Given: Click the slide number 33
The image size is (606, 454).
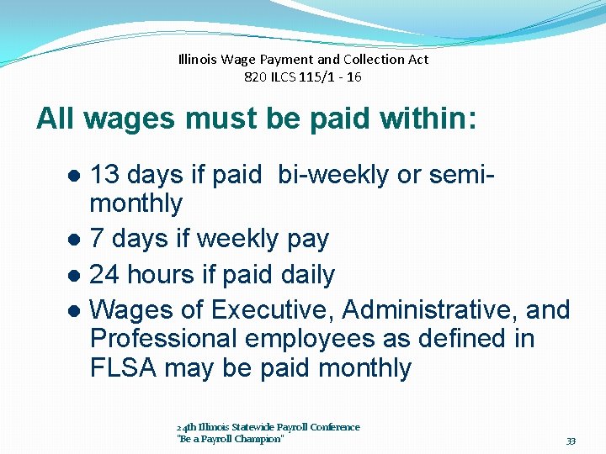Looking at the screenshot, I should tap(571, 441).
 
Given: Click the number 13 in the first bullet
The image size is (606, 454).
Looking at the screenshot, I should tap(104, 175).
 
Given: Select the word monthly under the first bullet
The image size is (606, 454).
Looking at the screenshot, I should tap(136, 203).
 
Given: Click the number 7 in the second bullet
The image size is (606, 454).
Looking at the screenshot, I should tap(96, 239).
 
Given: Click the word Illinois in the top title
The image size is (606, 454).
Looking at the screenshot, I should tap(198, 60).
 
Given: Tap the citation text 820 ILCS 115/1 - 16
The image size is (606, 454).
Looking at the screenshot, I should tap(303, 77).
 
